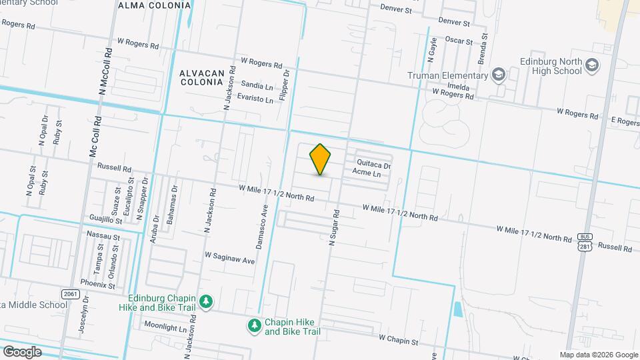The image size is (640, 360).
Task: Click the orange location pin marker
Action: (321, 159)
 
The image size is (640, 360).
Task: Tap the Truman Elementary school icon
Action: (497, 75)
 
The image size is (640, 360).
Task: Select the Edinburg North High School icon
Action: (592, 65)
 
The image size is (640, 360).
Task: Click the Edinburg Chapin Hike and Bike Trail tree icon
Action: (207, 302)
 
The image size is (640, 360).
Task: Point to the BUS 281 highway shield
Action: (584, 243)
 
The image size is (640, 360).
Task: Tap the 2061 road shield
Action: (69, 293)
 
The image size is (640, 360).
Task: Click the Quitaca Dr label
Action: (373, 165)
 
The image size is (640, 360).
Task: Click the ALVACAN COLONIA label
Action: (201, 77)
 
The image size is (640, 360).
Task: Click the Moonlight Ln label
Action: (165, 327)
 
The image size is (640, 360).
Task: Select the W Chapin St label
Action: (398, 341)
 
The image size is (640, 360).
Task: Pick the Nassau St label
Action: (103, 236)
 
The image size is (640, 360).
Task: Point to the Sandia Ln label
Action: (257, 86)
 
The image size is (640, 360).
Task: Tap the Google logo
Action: (22, 351)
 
